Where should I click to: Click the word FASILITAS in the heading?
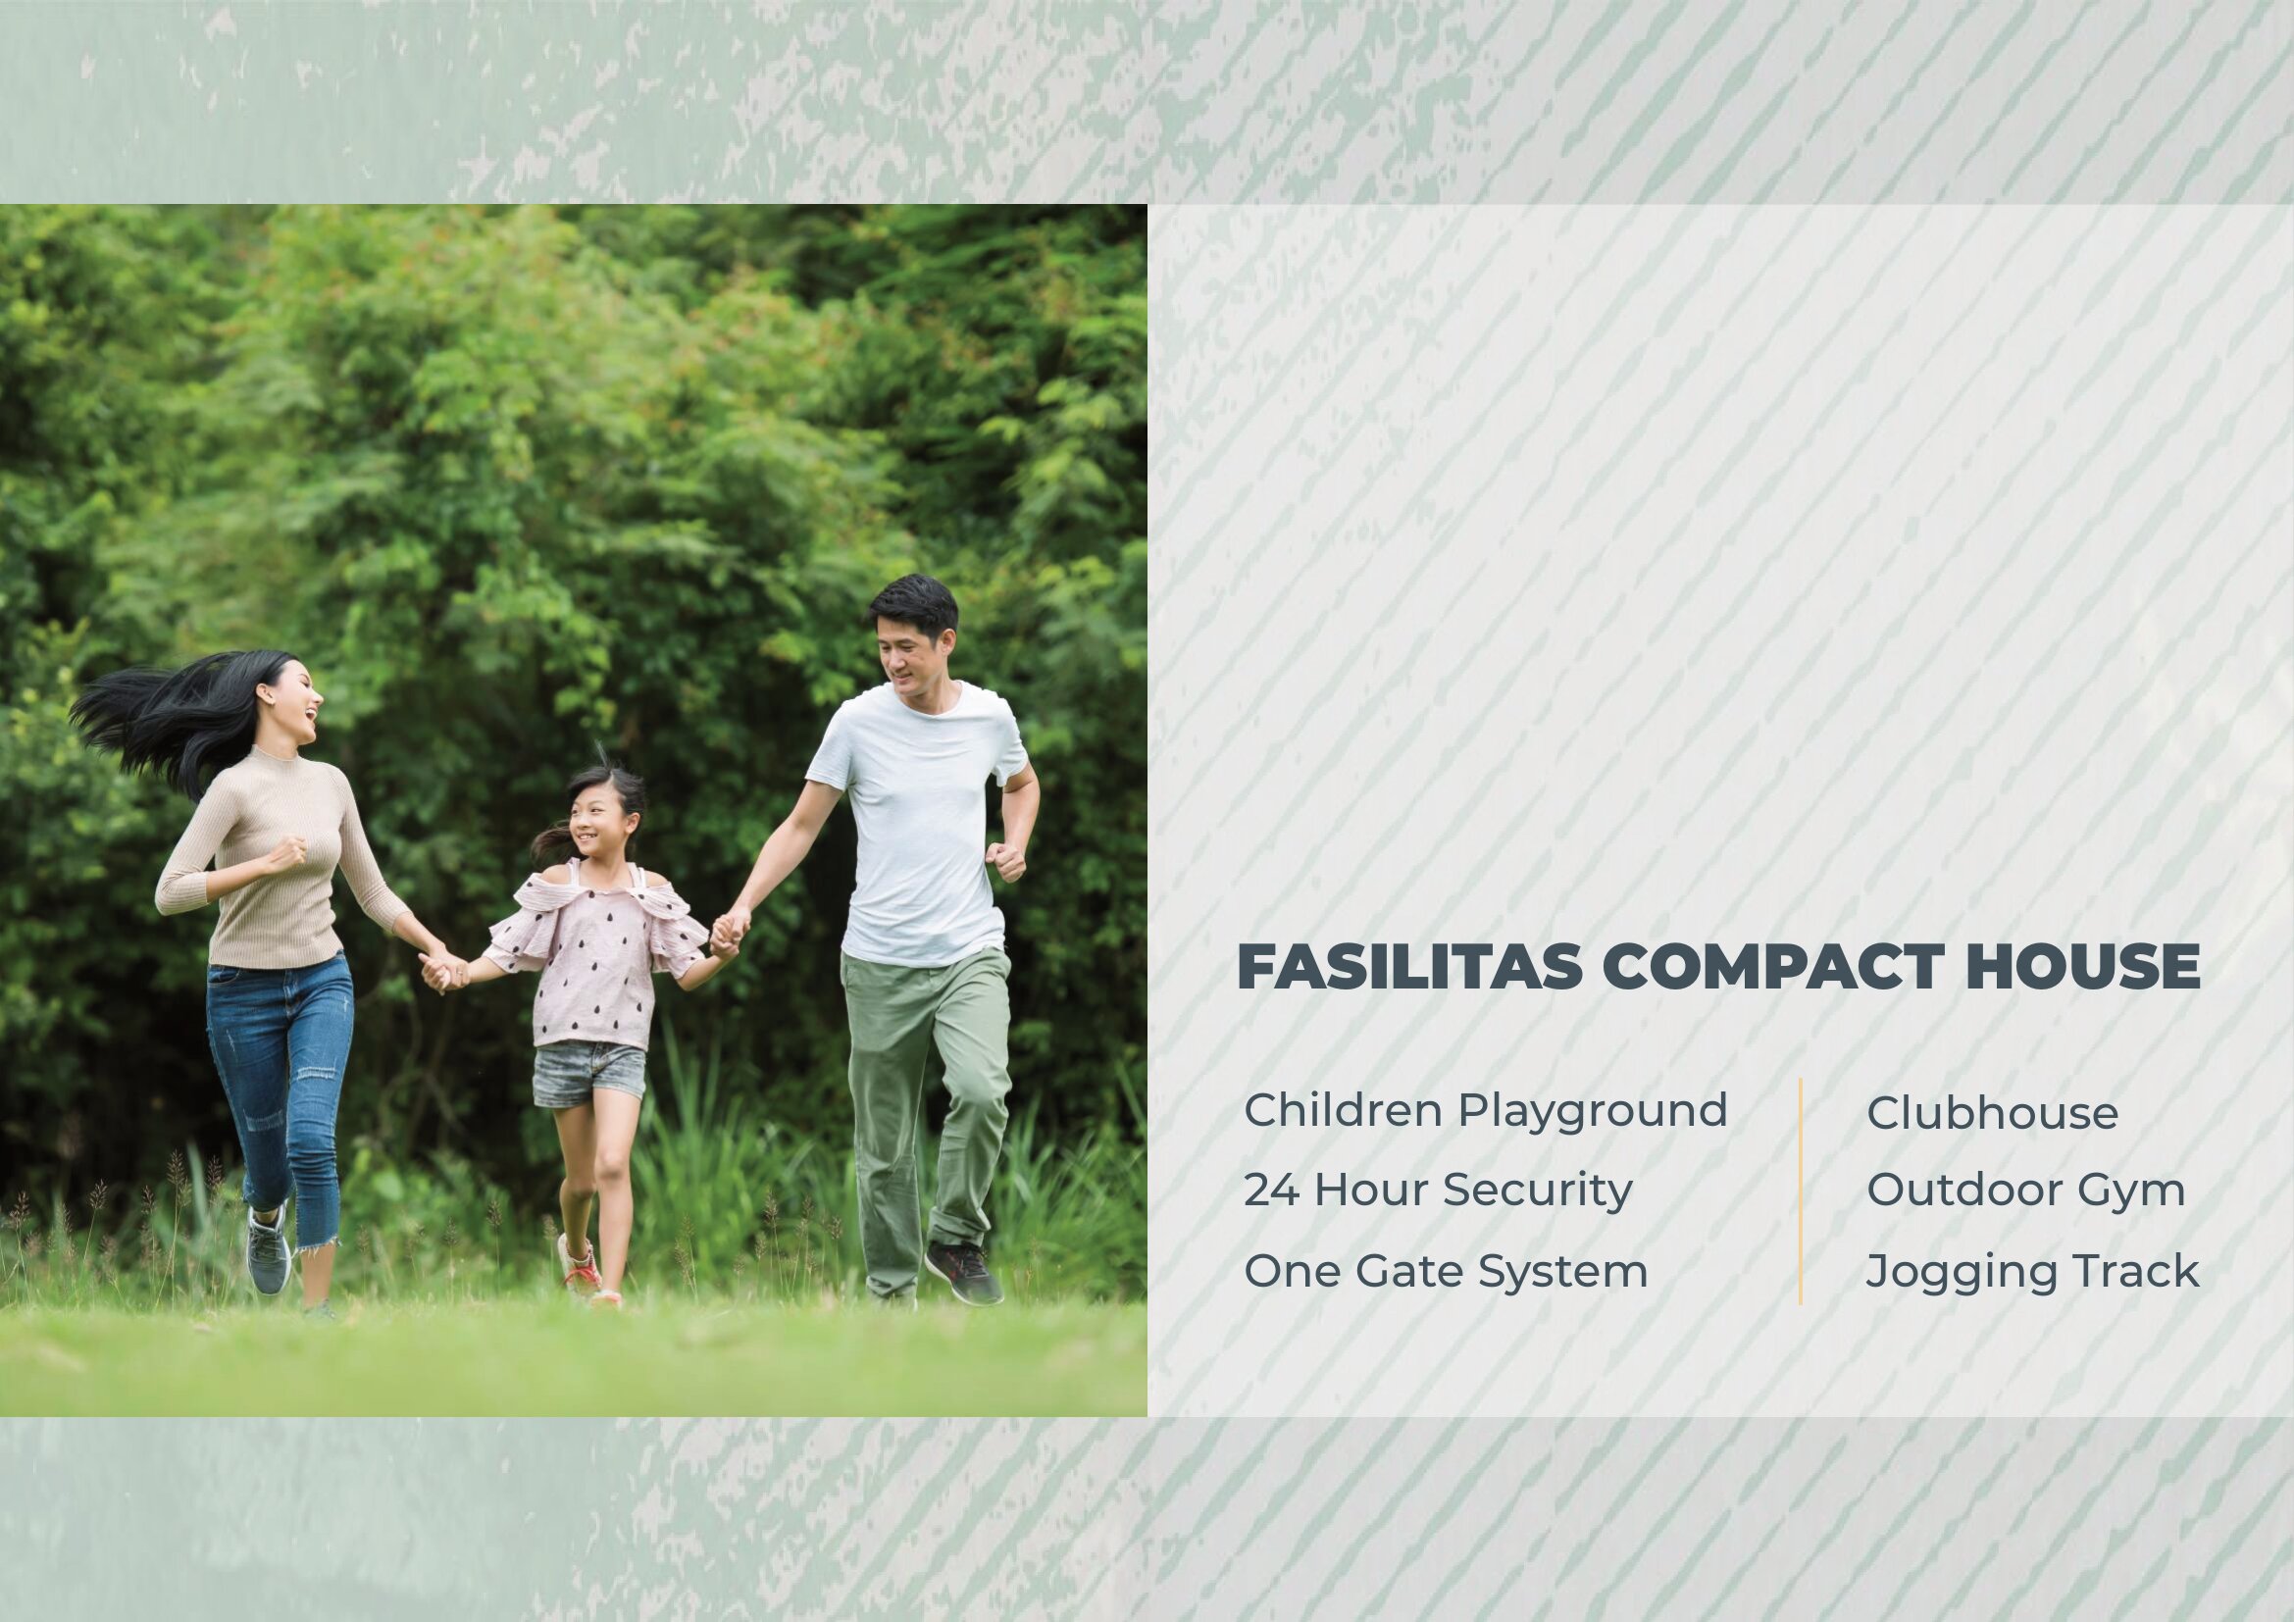[1408, 967]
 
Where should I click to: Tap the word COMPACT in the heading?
[1760, 967]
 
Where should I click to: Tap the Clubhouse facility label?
[1992, 1114]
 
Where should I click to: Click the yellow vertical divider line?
[1801, 1191]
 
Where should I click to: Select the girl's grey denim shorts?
[589, 1074]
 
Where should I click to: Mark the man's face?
[907, 654]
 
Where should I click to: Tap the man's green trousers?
[924, 1109]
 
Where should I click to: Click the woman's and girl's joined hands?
[442, 969]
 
